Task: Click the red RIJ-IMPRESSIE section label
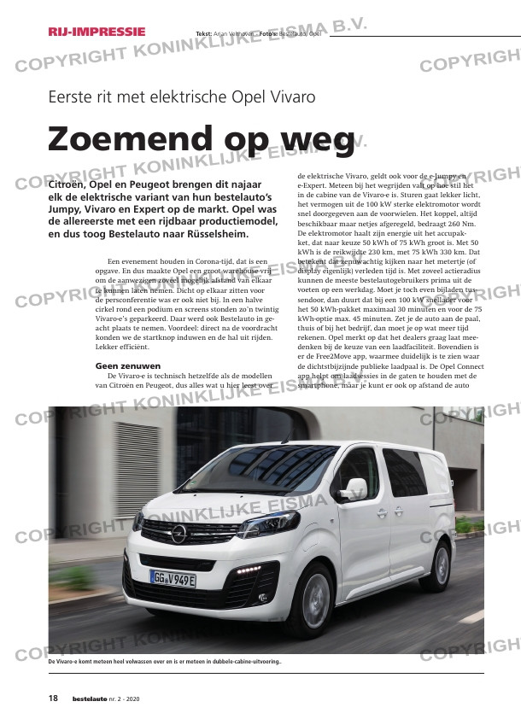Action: point(97,32)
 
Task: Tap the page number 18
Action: point(53,699)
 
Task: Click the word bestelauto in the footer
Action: point(91,699)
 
